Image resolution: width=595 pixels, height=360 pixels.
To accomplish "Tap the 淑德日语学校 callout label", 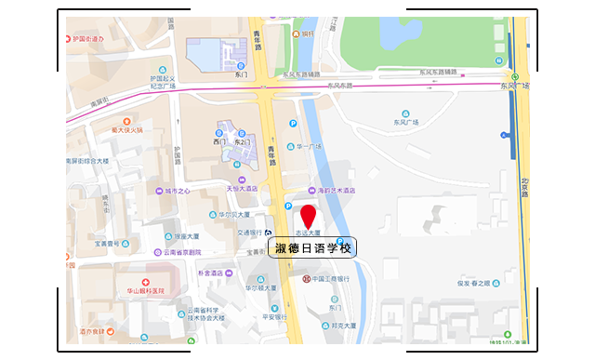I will point(312,247).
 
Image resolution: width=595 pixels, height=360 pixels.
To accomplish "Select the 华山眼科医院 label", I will point(145,291).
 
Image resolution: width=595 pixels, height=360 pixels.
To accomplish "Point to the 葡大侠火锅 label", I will point(126,130).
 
